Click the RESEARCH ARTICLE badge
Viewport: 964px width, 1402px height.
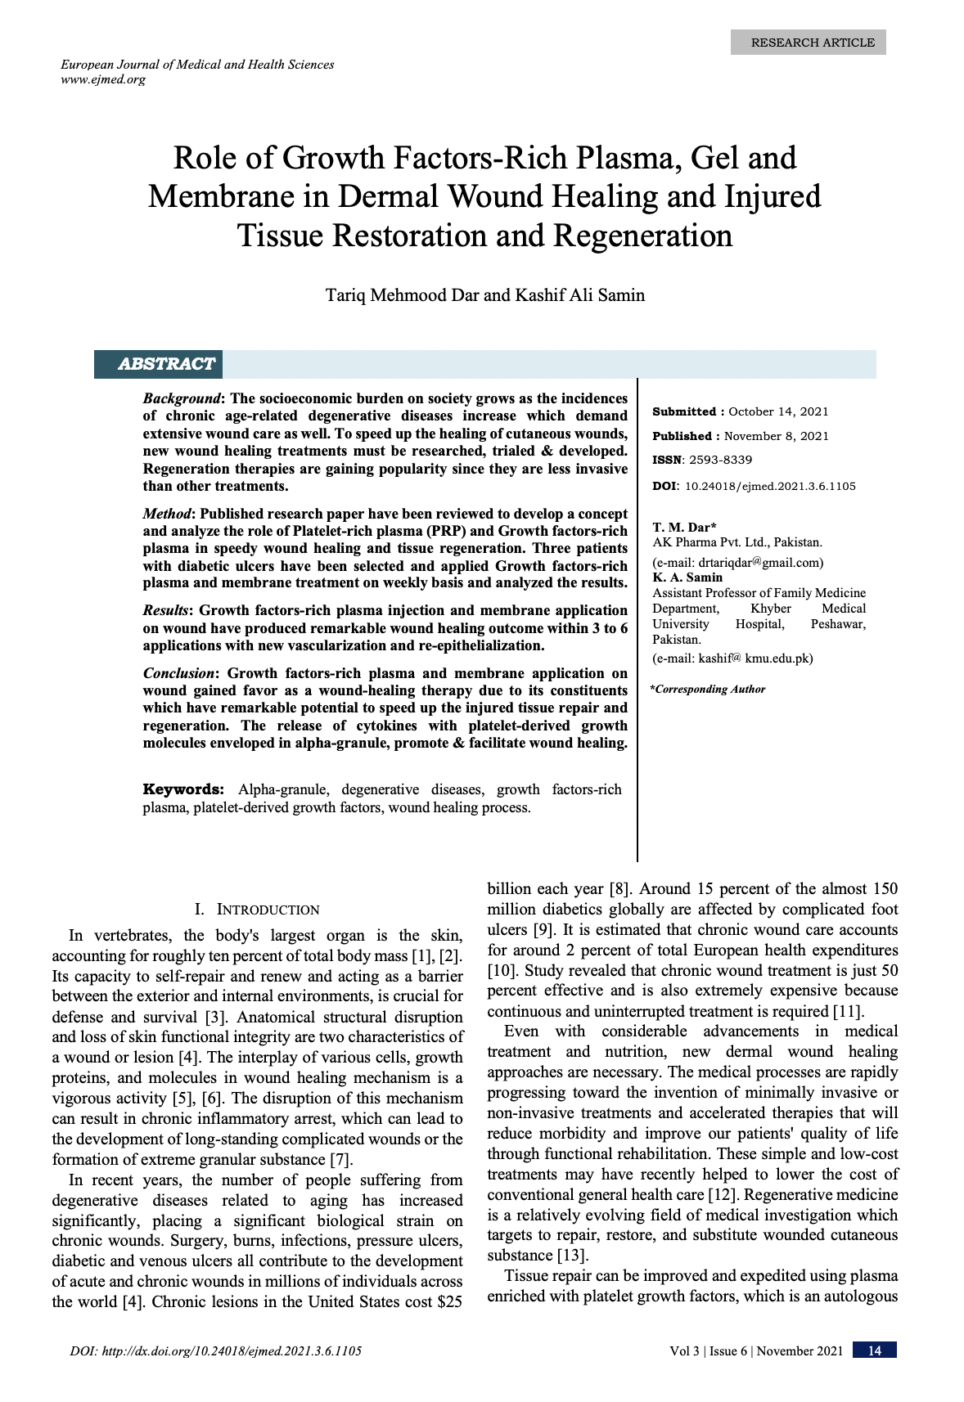pos(808,43)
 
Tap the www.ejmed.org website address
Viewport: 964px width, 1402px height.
pos(103,79)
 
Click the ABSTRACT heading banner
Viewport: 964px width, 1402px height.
pos(166,364)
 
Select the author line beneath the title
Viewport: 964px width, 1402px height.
pos(484,294)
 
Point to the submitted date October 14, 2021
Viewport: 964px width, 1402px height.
pos(778,411)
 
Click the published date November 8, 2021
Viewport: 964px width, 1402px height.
pos(776,436)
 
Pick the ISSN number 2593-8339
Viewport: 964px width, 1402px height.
pos(720,460)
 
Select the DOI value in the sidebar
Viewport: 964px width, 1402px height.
pos(769,486)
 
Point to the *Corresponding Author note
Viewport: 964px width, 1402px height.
pos(708,689)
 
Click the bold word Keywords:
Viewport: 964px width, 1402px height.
pos(183,789)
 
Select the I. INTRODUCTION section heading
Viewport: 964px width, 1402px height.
pos(257,910)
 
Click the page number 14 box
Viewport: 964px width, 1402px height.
pos(874,1350)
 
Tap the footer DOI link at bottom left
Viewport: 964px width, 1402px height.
pos(216,1350)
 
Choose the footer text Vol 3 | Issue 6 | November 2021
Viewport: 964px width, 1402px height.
pos(755,1350)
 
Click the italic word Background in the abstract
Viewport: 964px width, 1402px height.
pos(182,398)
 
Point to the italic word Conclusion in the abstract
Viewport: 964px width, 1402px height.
pos(178,673)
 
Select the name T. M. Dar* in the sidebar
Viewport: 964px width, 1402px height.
pos(684,528)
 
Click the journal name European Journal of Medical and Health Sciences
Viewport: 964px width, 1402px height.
pos(197,64)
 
